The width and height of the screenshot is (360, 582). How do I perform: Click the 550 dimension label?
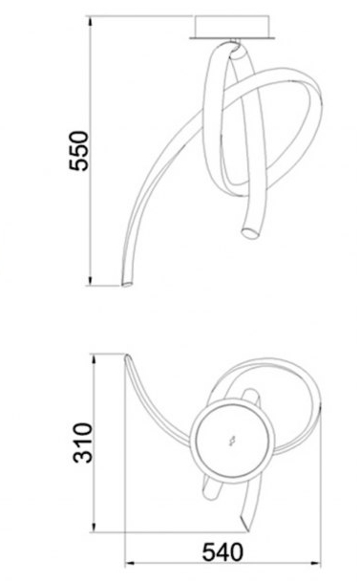tap(79, 150)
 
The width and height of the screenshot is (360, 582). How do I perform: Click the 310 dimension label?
tap(82, 442)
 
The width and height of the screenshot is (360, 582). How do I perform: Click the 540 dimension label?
tap(222, 552)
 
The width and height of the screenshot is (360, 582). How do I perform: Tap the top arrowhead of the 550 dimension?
tap(91, 22)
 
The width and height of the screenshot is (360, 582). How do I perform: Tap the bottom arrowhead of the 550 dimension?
tap(91, 281)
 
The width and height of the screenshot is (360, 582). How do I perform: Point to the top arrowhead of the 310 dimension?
tap(95, 359)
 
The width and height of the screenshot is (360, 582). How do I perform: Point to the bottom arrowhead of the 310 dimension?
tap(95, 527)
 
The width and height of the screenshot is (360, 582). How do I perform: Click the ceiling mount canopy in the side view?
tap(232, 26)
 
